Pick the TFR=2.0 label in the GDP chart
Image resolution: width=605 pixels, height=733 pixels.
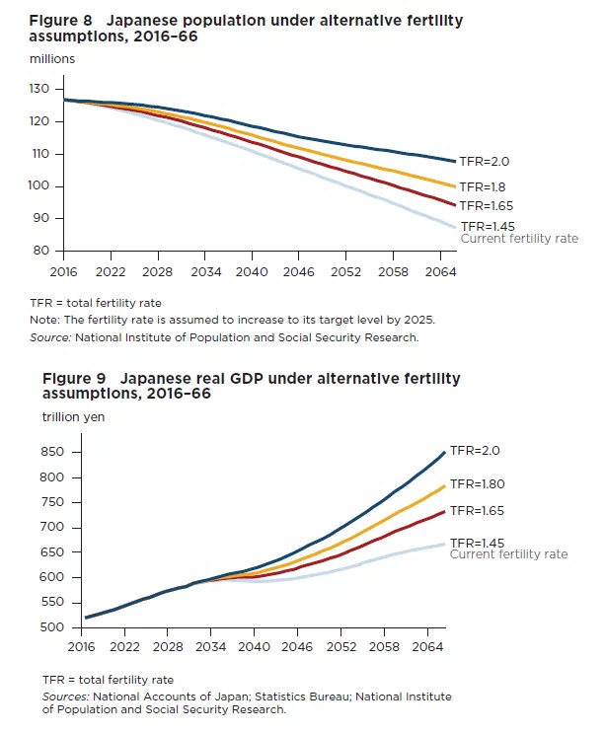[476, 452]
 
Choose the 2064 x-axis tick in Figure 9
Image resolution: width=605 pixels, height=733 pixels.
[428, 647]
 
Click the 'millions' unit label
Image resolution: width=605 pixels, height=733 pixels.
[51, 59]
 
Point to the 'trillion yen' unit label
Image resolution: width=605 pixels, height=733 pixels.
[73, 416]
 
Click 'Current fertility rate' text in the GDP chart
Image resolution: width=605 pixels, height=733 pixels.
[508, 554]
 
